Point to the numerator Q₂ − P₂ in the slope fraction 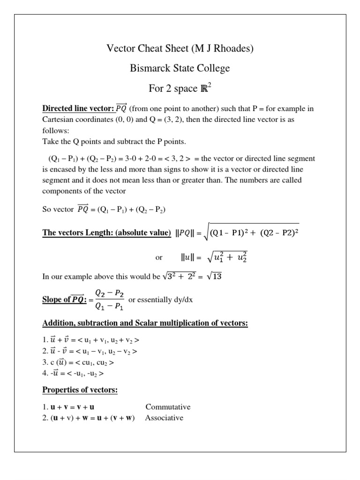pyautogui.click(x=109, y=292)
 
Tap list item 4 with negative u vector pyautogui.click(x=73, y=374)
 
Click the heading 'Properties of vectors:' pyautogui.click(x=80, y=390)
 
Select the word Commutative pyautogui.click(x=168, y=407)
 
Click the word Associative pyautogui.click(x=164, y=418)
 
